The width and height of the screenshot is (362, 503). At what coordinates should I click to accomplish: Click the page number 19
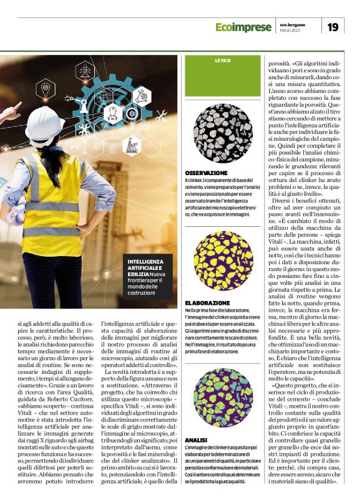pos(333,27)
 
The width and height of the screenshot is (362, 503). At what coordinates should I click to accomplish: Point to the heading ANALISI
pos(195,439)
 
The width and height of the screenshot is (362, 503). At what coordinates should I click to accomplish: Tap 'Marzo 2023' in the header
pos(292,31)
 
